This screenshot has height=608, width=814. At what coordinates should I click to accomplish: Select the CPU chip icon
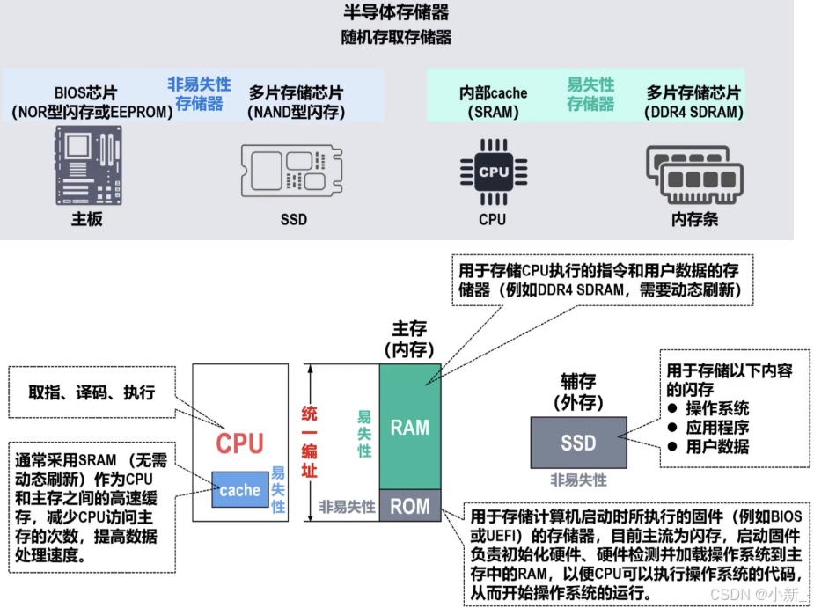pyautogui.click(x=493, y=172)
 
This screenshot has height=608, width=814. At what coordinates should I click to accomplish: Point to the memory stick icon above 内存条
pyautogui.click(x=693, y=172)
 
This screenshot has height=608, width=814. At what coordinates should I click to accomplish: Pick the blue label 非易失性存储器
pyautogui.click(x=200, y=94)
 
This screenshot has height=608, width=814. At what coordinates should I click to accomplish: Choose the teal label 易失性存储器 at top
pyautogui.click(x=590, y=94)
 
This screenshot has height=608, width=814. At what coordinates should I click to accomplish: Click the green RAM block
pyautogui.click(x=410, y=428)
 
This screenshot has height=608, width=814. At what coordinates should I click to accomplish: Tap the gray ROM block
pyautogui.click(x=410, y=506)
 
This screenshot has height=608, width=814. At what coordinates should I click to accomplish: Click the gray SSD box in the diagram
pyautogui.click(x=578, y=442)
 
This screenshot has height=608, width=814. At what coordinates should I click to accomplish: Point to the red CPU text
pyautogui.click(x=239, y=443)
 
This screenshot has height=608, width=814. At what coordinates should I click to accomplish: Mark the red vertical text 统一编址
pyautogui.click(x=309, y=440)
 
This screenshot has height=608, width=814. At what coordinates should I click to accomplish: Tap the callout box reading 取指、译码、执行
pyautogui.click(x=91, y=393)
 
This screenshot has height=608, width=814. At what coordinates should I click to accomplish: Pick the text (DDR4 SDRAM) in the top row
pyautogui.click(x=693, y=113)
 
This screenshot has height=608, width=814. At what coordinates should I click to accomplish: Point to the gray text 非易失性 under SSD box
pyautogui.click(x=578, y=480)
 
